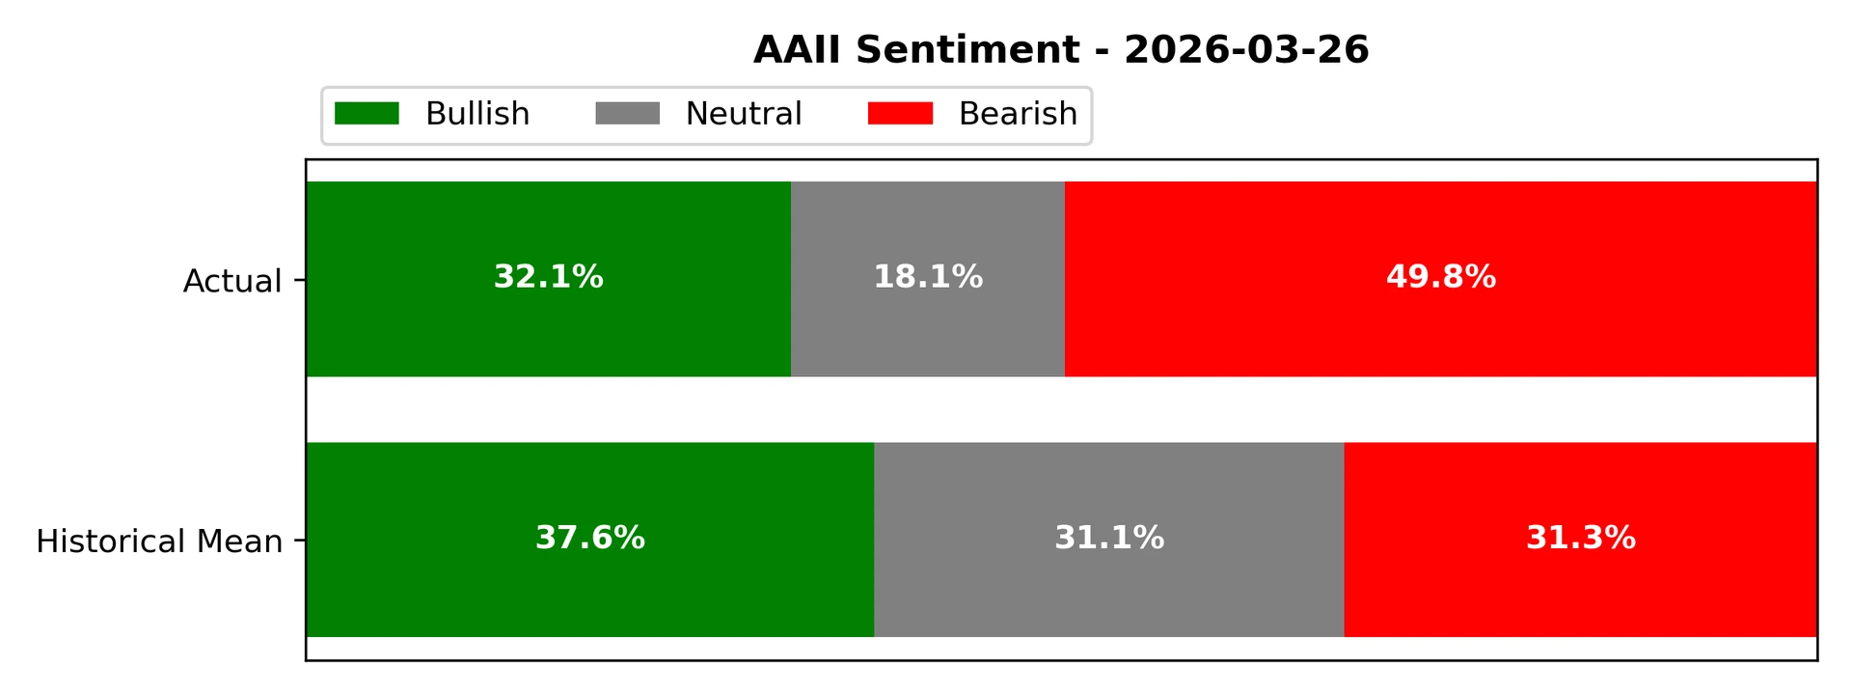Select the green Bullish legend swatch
pyautogui.click(x=367, y=114)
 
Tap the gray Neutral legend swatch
pyautogui.click(x=627, y=114)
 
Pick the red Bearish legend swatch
pyautogui.click(x=900, y=114)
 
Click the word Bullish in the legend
pyautogui.click(x=477, y=114)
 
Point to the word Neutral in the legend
pyautogui.click(x=743, y=114)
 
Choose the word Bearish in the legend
pyautogui.click(x=1018, y=114)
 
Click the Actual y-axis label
pyautogui.click(x=232, y=281)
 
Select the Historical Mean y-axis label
pyautogui.click(x=159, y=542)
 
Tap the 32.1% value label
pyautogui.click(x=548, y=278)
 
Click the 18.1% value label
pyautogui.click(x=928, y=278)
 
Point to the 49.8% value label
pyautogui.click(x=1441, y=278)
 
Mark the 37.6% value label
pyautogui.click(x=590, y=538)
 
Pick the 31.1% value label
pyautogui.click(x=1109, y=538)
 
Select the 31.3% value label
pyautogui.click(x=1581, y=538)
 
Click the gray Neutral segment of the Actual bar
pyautogui.click(x=928, y=328)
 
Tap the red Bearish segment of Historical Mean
pyautogui.click(x=1581, y=589)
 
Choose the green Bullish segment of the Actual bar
pyautogui.click(x=548, y=328)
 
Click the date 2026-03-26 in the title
pyautogui.click(x=1246, y=50)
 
